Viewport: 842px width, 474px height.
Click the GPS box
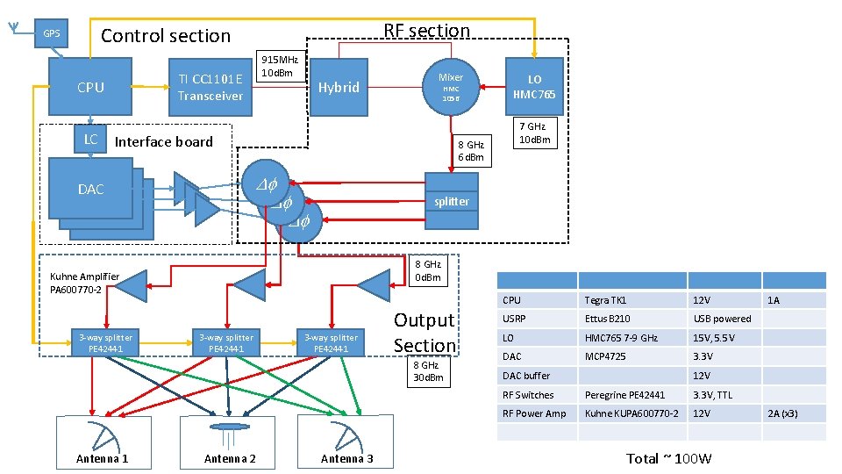[x=52, y=34]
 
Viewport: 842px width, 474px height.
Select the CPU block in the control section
[x=90, y=87]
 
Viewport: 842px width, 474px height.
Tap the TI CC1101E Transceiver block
[x=210, y=87]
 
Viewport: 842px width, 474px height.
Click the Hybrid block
[x=339, y=87]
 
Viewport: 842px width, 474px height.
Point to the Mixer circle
[x=451, y=85]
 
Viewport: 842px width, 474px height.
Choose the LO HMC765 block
[x=534, y=87]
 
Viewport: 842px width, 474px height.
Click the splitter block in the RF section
[x=451, y=201]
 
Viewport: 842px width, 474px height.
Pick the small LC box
[x=90, y=140]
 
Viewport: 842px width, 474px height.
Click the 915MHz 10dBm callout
[x=278, y=66]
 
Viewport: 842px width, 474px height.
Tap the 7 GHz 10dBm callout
[x=534, y=133]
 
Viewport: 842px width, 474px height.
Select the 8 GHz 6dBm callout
[x=471, y=150]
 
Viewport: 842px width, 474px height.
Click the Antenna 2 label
[x=230, y=458]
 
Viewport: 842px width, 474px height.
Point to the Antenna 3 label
[x=346, y=458]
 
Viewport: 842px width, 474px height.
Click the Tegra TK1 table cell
[x=605, y=300]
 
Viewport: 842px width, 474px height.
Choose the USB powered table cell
[x=722, y=319]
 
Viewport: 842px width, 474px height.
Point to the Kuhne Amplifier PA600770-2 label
[x=84, y=283]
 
